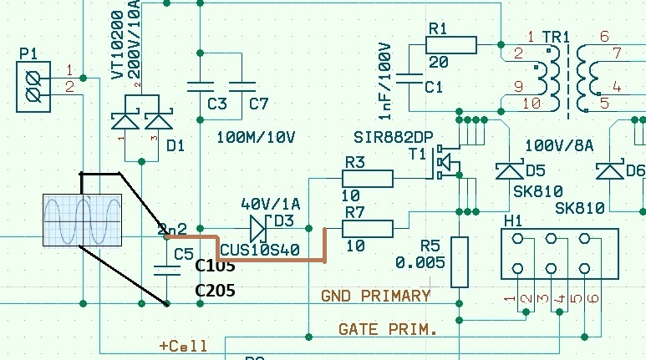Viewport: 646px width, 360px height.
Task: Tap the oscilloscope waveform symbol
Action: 83,221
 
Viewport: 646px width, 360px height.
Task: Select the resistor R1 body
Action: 451,45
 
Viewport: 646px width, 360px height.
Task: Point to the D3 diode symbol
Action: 258,226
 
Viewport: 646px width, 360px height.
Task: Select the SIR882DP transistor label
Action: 387,137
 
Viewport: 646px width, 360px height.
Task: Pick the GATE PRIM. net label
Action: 388,330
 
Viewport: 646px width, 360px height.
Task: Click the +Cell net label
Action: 183,345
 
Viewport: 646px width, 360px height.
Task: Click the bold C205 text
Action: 216,290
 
